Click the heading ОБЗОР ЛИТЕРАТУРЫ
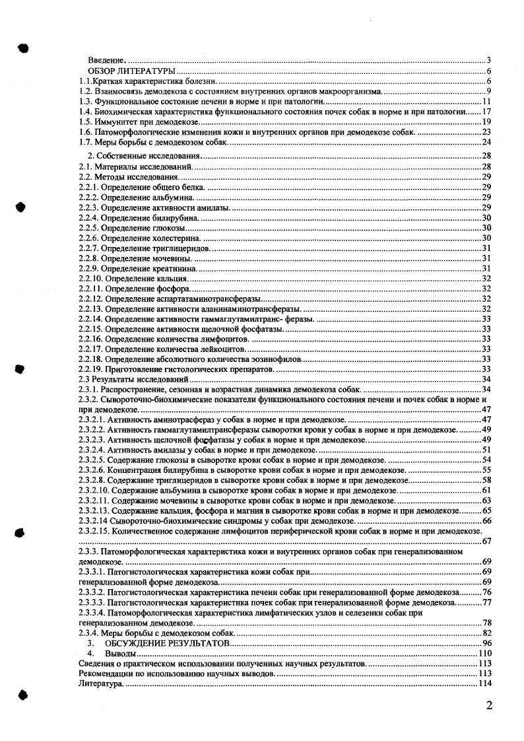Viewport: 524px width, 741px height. pyautogui.click(x=131, y=71)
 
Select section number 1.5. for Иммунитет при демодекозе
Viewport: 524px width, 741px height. pyautogui.click(x=86, y=122)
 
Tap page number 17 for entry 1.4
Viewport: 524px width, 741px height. pyautogui.click(x=486, y=112)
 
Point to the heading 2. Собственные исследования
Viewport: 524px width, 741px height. pyautogui.click(x=143, y=156)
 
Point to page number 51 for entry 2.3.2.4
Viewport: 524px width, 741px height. pyautogui.click(x=487, y=450)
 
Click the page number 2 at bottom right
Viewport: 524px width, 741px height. pyautogui.click(x=489, y=705)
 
